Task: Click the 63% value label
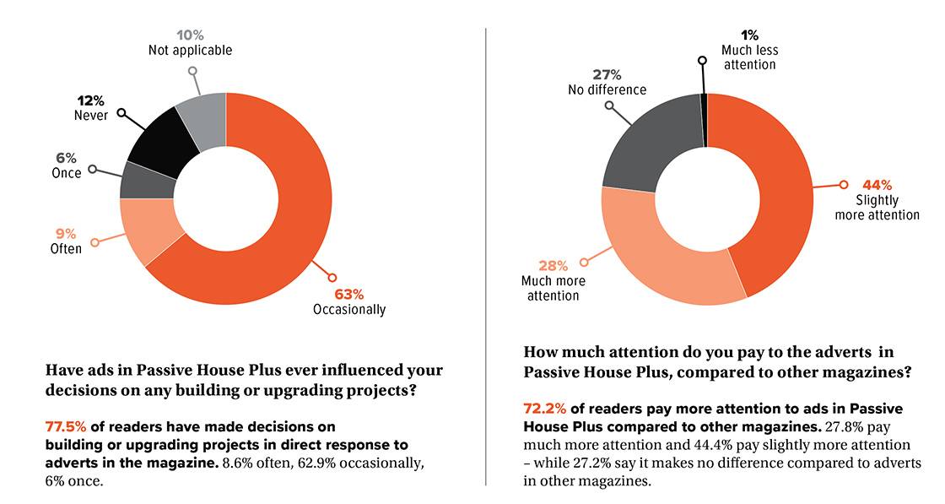[x=348, y=294]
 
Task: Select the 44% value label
[x=876, y=185]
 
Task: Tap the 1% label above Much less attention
[x=748, y=35]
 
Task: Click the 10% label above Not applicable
[x=190, y=35]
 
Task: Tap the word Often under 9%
[x=67, y=248]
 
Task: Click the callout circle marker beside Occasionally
[x=331, y=277]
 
